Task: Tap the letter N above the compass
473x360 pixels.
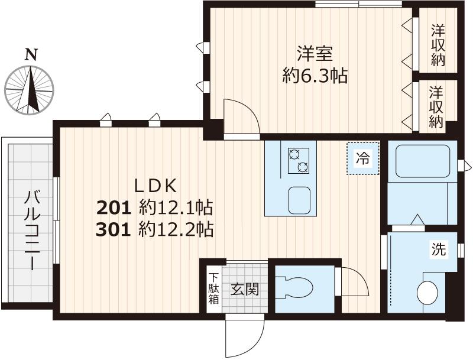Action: point(31,55)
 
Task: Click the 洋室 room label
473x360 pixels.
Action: point(315,54)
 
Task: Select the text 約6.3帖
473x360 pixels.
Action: point(315,76)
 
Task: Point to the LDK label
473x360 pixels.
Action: point(155,186)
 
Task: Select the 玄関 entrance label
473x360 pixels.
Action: point(244,290)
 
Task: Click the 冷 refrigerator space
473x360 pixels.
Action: point(361,159)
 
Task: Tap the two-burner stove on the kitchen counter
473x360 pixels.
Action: point(298,160)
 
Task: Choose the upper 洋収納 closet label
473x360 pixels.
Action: point(438,45)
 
